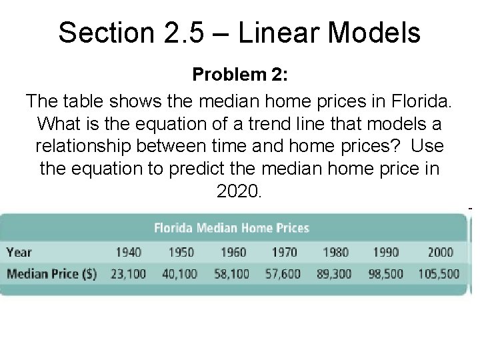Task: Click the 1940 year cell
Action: point(129,252)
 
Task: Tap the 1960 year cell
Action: point(232,252)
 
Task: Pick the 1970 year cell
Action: point(284,252)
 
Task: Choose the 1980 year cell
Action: point(335,252)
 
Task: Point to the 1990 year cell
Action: point(387,252)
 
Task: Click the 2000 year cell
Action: point(439,252)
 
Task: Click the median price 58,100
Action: point(231,273)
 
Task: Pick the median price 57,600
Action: point(283,273)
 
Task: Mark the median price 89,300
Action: point(335,273)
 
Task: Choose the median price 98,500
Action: point(386,273)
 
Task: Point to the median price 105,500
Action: point(439,273)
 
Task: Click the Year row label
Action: point(19,252)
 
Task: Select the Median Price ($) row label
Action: point(51,273)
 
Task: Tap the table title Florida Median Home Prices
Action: point(231,228)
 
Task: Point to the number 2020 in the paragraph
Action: point(239,191)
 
